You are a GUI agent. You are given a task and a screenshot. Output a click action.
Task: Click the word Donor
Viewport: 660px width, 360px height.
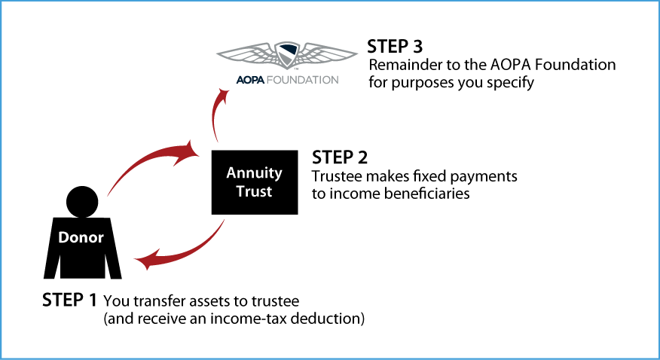click(81, 237)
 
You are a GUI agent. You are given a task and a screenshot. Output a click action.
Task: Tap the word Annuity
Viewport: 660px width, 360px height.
click(254, 173)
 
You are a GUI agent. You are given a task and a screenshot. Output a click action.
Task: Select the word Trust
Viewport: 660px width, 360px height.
click(254, 191)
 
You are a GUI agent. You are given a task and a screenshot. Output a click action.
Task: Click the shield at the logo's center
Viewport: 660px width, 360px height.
click(287, 55)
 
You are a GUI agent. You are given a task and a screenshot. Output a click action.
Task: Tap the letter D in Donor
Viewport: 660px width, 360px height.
click(63, 237)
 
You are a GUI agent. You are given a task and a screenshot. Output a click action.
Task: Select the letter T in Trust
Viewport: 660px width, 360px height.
click(240, 191)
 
